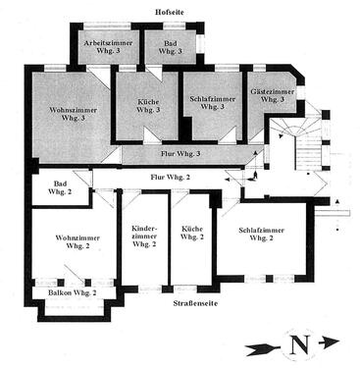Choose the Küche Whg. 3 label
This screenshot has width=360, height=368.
coord(149,106)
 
